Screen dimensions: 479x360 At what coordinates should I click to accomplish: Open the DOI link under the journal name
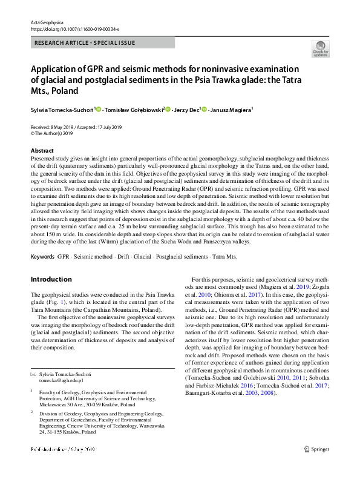[x=74, y=29]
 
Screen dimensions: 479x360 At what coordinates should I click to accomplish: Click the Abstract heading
[x=42, y=151]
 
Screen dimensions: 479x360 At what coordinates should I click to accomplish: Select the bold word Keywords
[x=42, y=257]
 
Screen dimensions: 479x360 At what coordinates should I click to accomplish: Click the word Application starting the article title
[x=57, y=69]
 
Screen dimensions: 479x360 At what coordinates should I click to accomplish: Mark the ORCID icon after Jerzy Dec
[x=205, y=110]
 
